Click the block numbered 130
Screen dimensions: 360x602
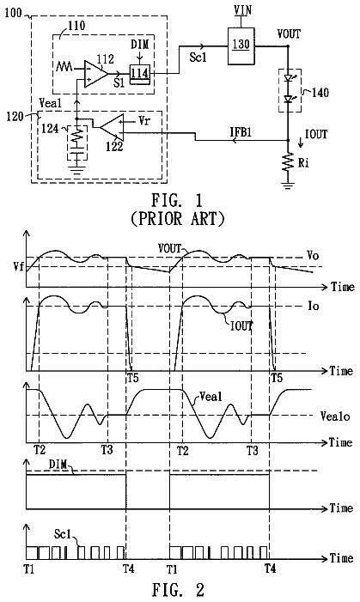[241, 46]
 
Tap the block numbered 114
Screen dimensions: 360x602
[139, 73]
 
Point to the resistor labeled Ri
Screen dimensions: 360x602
[288, 163]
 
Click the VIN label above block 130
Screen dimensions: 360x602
[243, 9]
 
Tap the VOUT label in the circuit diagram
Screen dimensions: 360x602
[289, 34]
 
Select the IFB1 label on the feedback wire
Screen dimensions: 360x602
[241, 132]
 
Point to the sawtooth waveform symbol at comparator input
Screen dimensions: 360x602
[64, 67]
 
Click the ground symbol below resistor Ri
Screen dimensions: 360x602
[288, 186]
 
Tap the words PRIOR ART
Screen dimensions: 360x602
[178, 218]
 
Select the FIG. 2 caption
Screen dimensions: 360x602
[178, 589]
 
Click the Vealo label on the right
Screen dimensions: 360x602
[335, 416]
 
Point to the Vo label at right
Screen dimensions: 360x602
[313, 256]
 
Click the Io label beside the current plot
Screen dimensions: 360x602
[313, 306]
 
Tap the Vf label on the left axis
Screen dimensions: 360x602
[18, 266]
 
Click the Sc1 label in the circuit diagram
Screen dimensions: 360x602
[198, 58]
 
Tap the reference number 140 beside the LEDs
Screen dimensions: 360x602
[320, 93]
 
